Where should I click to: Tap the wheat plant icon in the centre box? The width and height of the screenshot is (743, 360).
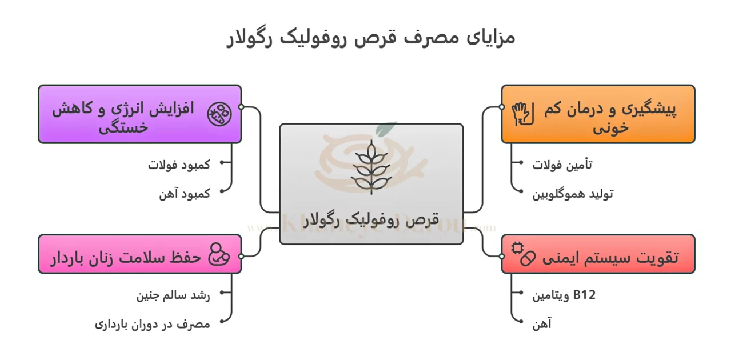pyautogui.click(x=371, y=167)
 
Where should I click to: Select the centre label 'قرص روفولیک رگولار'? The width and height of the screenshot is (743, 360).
pyautogui.click(x=371, y=219)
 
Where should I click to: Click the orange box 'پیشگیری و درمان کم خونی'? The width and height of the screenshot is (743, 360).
pyautogui.click(x=598, y=114)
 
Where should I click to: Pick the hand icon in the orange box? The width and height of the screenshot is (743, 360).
pyautogui.click(x=522, y=113)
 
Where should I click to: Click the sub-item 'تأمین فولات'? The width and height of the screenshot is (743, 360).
pyautogui.click(x=562, y=165)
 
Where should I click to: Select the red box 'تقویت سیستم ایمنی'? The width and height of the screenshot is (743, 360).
pyautogui.click(x=598, y=254)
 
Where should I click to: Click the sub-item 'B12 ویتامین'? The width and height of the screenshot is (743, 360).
pyautogui.click(x=564, y=295)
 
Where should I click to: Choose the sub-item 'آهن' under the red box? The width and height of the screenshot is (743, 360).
pyautogui.click(x=542, y=324)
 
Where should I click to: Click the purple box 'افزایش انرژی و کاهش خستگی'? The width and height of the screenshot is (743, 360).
pyautogui.click(x=139, y=114)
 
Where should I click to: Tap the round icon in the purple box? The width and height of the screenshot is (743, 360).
pyautogui.click(x=219, y=113)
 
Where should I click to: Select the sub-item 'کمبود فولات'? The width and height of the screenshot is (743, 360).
pyautogui.click(x=179, y=165)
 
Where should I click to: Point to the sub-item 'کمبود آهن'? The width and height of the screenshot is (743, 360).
pyautogui.click(x=185, y=194)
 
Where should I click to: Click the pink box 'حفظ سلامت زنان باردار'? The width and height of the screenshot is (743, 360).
pyautogui.click(x=139, y=254)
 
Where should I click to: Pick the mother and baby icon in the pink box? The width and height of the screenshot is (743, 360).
pyautogui.click(x=218, y=254)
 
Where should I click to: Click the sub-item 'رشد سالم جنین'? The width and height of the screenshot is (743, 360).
pyautogui.click(x=173, y=295)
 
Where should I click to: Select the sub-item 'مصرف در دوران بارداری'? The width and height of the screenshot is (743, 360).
pyautogui.click(x=153, y=324)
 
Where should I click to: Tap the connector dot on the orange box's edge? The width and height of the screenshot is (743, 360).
pyautogui.click(x=501, y=107)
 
